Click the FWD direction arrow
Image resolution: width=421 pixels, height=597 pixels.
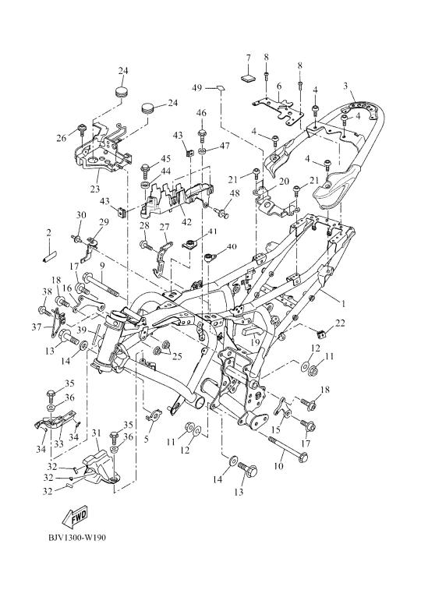pos(75,516)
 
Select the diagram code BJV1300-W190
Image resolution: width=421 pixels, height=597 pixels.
pos(77,538)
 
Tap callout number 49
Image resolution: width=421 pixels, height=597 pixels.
pos(197,88)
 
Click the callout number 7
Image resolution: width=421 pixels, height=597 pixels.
pos(248,58)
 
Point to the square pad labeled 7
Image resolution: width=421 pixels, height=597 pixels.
pos(248,78)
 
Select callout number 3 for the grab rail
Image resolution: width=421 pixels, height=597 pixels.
pos(345,86)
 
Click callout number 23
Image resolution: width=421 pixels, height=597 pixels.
pos(95,189)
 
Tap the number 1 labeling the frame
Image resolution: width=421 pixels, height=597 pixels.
pos(343,303)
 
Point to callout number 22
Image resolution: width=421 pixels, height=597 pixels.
pos(340,323)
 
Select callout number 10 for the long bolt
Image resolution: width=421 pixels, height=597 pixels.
pos(278,465)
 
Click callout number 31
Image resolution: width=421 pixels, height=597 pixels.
pos(96,433)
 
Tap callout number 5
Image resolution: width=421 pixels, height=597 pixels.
pos(147,439)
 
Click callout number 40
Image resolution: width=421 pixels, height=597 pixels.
pos(232,247)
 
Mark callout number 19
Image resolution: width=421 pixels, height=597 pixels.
pos(255,342)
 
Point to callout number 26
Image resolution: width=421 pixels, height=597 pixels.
pos(62,138)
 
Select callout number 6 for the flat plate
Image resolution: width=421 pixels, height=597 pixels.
pos(279,87)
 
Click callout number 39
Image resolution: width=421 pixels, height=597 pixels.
pos(82,330)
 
